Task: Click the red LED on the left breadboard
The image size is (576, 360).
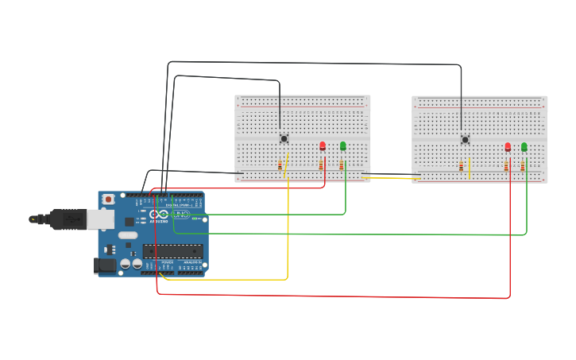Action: (323, 145)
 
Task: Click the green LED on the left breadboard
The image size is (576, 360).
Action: (343, 145)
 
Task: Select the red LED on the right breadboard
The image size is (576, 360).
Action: (508, 146)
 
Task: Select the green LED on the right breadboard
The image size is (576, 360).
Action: (524, 146)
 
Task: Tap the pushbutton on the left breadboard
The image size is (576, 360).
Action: (284, 139)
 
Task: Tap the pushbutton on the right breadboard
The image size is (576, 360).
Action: (465, 140)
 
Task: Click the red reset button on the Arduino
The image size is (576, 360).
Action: (108, 199)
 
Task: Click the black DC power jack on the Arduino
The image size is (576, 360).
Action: (104, 265)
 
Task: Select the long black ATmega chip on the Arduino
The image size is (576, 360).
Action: (172, 251)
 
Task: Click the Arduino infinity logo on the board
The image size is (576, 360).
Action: (159, 215)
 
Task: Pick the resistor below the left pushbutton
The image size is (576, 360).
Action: (280, 165)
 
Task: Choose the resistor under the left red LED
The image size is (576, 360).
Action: (321, 165)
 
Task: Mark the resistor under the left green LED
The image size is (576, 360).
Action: (342, 165)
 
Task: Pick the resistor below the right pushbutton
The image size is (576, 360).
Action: (461, 166)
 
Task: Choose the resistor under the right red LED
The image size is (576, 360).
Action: (506, 166)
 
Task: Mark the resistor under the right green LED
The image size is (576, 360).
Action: (523, 166)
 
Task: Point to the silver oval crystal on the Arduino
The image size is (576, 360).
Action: (127, 235)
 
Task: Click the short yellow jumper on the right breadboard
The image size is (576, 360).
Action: (470, 168)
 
